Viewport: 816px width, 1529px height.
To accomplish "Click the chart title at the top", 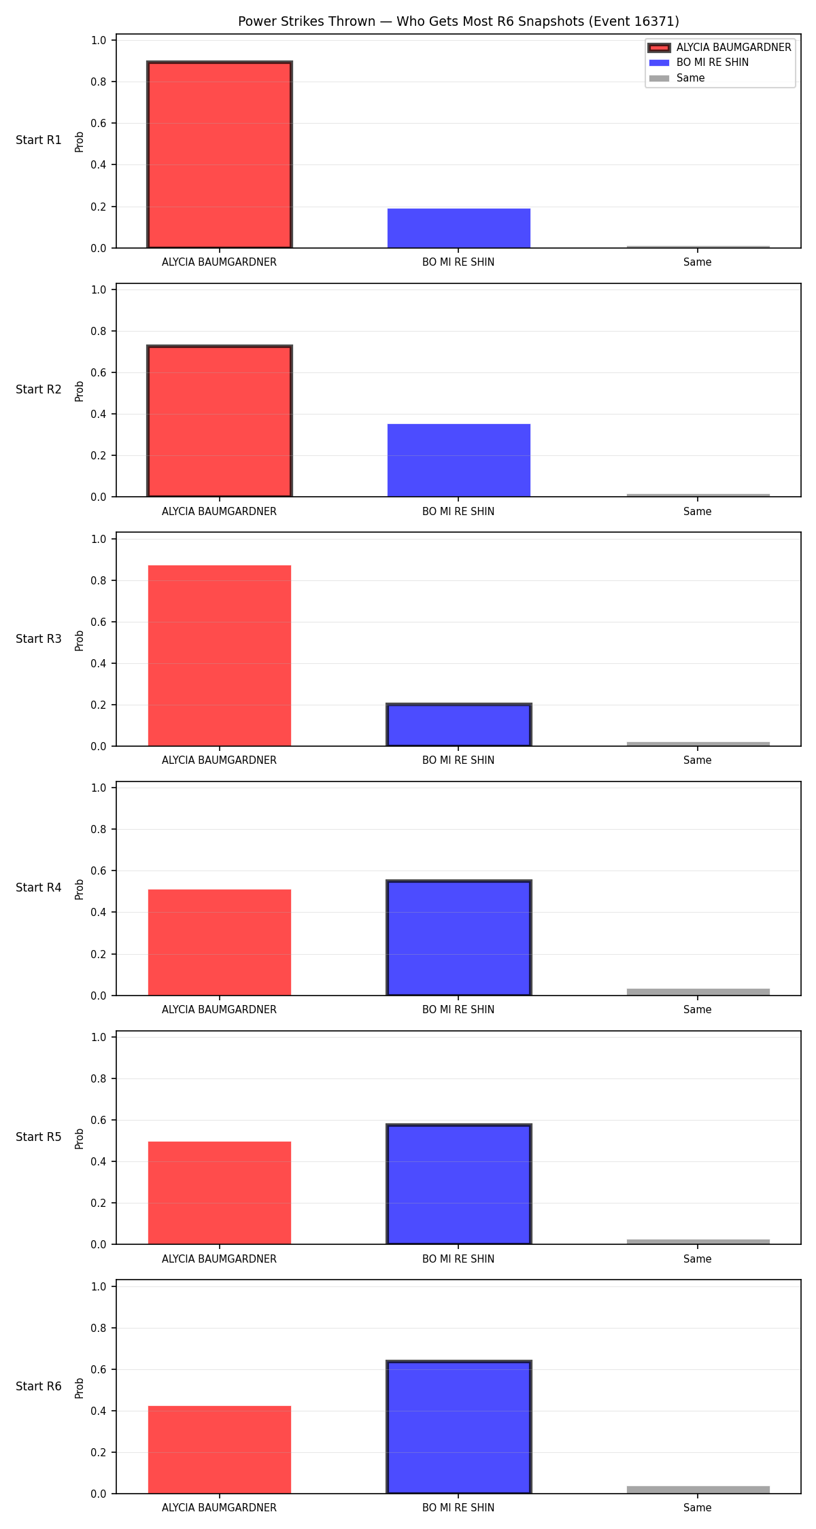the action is pyautogui.click(x=458, y=21).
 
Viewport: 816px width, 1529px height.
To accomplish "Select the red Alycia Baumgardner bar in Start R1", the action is pyautogui.click(x=220, y=155).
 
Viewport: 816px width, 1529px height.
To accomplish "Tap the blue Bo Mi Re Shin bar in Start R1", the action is pyautogui.click(x=459, y=228).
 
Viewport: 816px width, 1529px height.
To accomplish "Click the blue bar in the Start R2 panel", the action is pyautogui.click(x=459, y=461).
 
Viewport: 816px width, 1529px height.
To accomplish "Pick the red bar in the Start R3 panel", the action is pyautogui.click(x=220, y=656).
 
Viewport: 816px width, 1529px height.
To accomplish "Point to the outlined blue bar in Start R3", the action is pyautogui.click(x=459, y=725).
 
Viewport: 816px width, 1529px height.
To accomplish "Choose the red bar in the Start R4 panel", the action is pyautogui.click(x=220, y=943).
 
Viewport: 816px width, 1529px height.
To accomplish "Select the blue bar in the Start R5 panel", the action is pyautogui.click(x=459, y=1184).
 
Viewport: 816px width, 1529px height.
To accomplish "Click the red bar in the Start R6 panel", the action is pyautogui.click(x=220, y=1449).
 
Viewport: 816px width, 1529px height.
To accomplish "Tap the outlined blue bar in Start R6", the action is pyautogui.click(x=459, y=1427).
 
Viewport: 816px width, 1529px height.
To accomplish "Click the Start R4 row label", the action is pyautogui.click(x=39, y=887).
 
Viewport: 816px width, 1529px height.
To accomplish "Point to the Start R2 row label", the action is pyautogui.click(x=39, y=389).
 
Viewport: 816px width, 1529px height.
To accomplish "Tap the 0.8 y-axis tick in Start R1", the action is pyautogui.click(x=99, y=82).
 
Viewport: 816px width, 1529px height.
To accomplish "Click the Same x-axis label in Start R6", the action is pyautogui.click(x=698, y=1507).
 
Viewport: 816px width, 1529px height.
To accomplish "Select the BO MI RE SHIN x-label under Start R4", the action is pyautogui.click(x=458, y=1009).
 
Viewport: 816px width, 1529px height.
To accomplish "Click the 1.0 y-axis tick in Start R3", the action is pyautogui.click(x=99, y=539).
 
